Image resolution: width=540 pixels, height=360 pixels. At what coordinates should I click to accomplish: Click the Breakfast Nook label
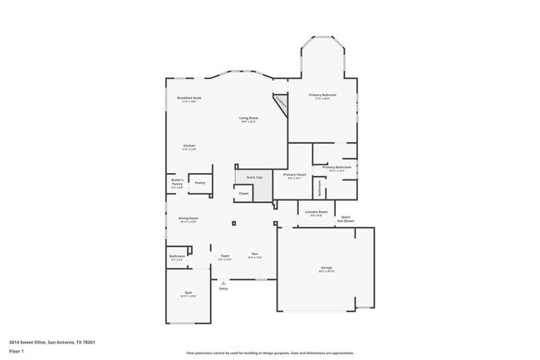coord(189,98)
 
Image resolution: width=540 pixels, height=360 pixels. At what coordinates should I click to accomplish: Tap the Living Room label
coord(249,118)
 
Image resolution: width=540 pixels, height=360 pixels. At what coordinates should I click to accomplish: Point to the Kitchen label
coord(189,146)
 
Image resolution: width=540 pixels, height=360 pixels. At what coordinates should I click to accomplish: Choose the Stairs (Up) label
coord(254,177)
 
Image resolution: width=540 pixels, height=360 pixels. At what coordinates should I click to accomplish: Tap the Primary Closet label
coord(294,175)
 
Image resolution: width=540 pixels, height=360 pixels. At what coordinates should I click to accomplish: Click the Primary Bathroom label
coord(337,168)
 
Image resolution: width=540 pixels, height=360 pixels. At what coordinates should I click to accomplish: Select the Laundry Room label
coord(317,212)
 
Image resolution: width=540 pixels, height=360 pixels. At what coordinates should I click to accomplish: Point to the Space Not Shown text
coord(346,219)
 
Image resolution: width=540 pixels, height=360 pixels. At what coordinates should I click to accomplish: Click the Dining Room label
coord(188,219)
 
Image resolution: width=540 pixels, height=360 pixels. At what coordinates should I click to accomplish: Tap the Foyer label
coord(224,255)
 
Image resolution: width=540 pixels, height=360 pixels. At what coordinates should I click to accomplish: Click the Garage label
coord(326,268)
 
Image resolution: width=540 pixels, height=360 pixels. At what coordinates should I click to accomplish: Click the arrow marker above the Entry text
coord(223,283)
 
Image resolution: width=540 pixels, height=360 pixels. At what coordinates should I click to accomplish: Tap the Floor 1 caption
coord(17,351)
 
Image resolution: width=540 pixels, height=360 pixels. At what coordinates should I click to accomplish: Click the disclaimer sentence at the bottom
coord(269,353)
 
